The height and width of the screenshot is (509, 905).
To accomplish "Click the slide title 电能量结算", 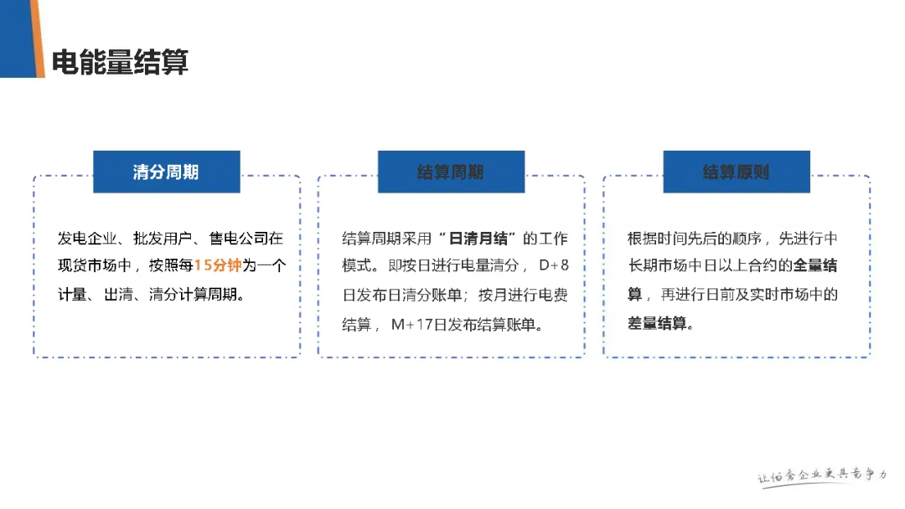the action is tap(120, 62).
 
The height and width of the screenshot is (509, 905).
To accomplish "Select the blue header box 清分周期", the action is tap(166, 172).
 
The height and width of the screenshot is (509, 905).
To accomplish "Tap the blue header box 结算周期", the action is tap(451, 172).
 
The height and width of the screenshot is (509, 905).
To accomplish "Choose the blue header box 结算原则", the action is tap(736, 172).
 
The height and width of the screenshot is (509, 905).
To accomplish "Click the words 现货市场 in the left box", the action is tap(85, 266).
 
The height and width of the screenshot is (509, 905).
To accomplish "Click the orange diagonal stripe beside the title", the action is tap(37, 39).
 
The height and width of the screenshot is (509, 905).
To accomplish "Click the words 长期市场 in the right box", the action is tap(656, 266).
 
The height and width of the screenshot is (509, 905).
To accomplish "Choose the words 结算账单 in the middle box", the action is tap(506, 324).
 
